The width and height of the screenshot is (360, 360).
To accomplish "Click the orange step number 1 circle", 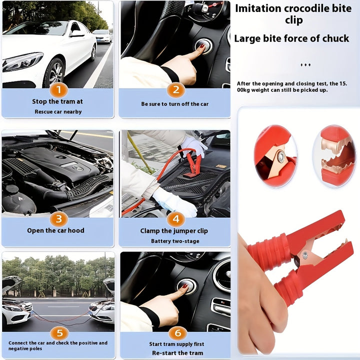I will pyautogui.click(x=58, y=90).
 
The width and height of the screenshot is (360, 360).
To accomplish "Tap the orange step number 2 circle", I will pyautogui.click(x=175, y=90).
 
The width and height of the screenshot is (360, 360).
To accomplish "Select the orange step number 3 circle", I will pyautogui.click(x=58, y=218).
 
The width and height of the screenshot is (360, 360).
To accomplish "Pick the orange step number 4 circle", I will pyautogui.click(x=175, y=219).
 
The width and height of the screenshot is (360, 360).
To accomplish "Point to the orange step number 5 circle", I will pyautogui.click(x=58, y=333).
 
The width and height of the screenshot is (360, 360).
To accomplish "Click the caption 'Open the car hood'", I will pyautogui.click(x=55, y=230).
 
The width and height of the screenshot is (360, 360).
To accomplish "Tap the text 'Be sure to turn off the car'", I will pyautogui.click(x=174, y=104).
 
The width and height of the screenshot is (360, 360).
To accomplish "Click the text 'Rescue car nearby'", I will pyautogui.click(x=58, y=111).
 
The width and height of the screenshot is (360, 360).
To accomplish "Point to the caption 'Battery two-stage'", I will pyautogui.click(x=175, y=241).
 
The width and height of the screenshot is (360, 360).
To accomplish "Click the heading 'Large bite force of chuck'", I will pyautogui.click(x=291, y=38).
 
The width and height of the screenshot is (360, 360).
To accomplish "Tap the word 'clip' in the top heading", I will pyautogui.click(x=293, y=20).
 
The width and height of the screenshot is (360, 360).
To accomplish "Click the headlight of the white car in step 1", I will pyautogui.click(x=22, y=62).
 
